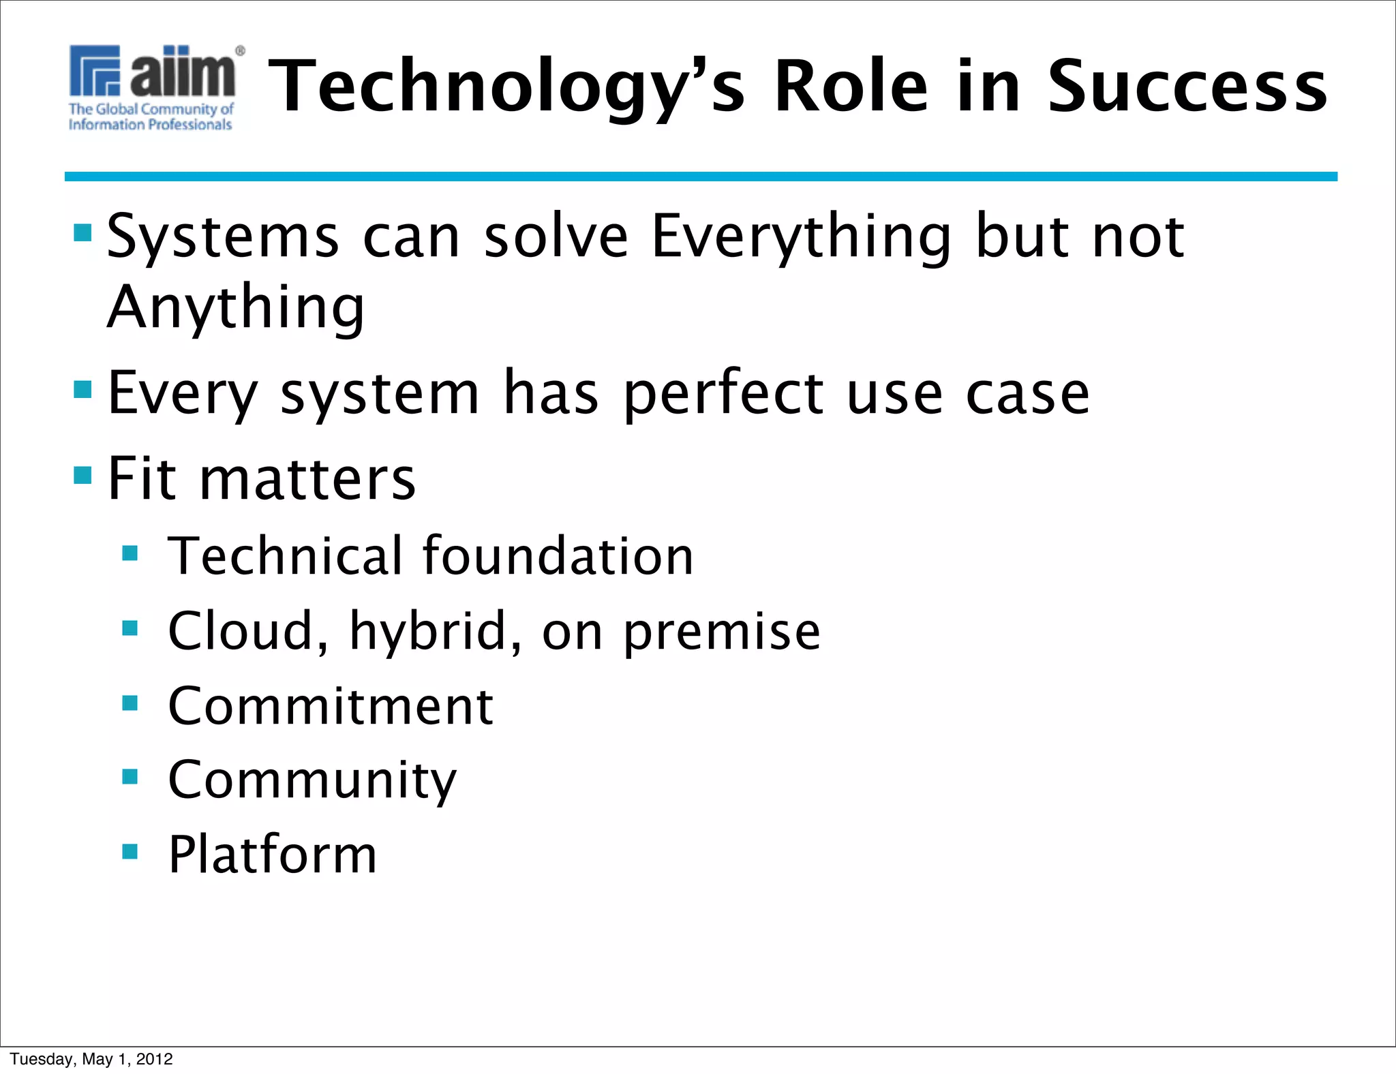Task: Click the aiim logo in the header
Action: click(155, 72)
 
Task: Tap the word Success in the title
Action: click(1187, 87)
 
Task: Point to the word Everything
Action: click(801, 237)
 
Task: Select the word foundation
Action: click(558, 556)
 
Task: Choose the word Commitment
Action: click(331, 706)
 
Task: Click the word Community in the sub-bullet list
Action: click(312, 780)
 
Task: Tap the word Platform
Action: click(273, 855)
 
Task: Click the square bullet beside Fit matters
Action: click(82, 474)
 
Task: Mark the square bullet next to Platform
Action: click(130, 851)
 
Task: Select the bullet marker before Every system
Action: click(82, 389)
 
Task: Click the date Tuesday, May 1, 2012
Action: click(91, 1059)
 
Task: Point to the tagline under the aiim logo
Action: click(151, 117)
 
